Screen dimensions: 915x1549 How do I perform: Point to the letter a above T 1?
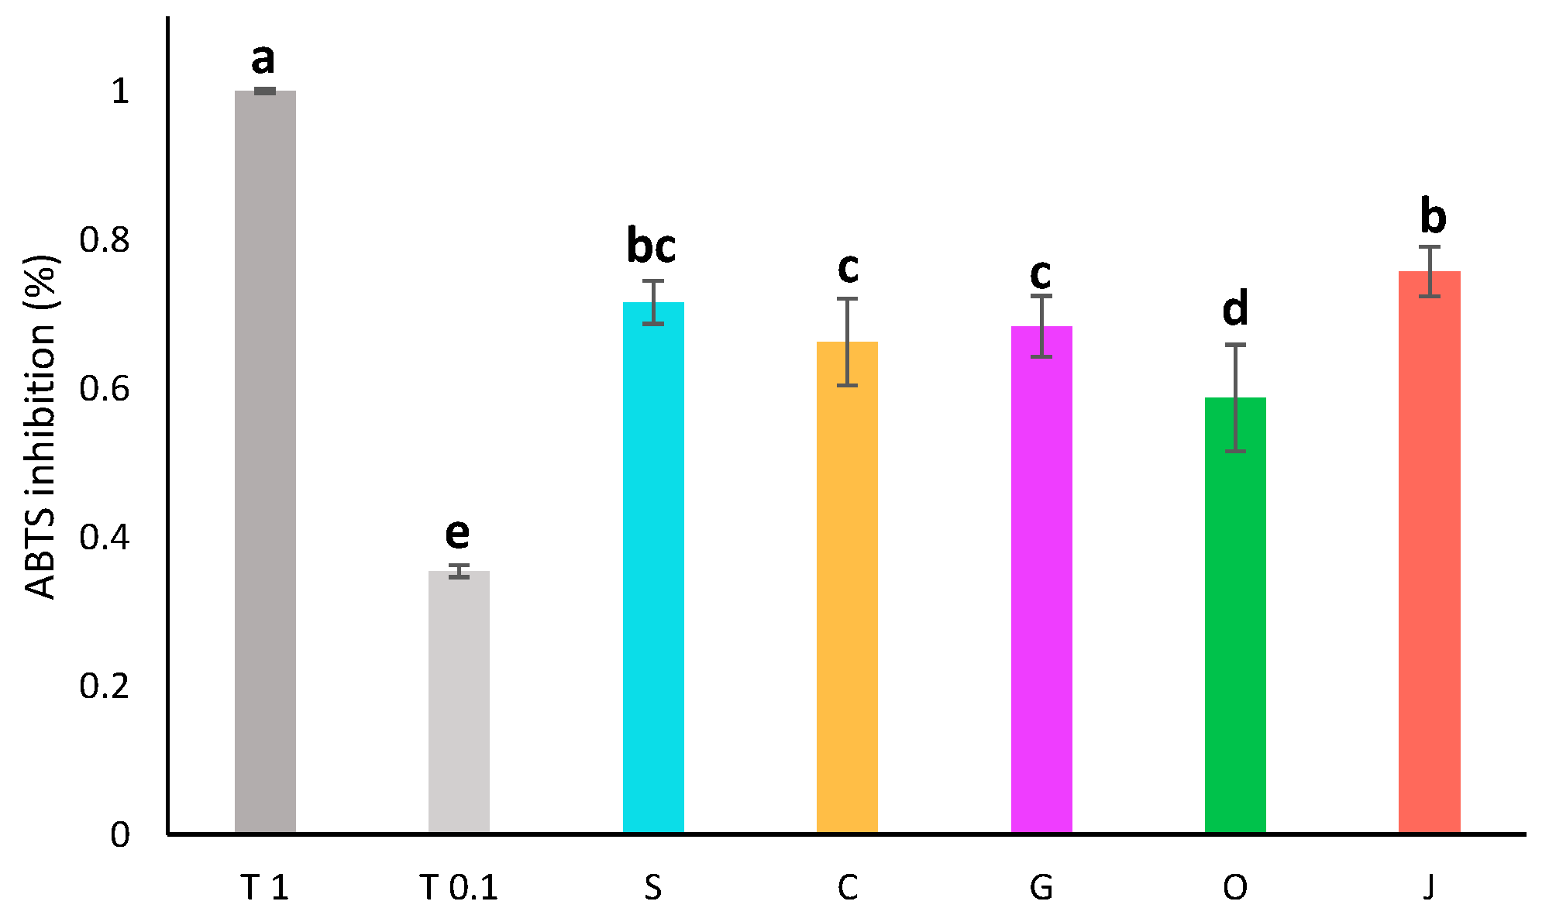pos(263,59)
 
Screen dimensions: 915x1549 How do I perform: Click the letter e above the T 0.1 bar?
pos(457,533)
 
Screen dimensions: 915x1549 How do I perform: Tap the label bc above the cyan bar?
pos(651,246)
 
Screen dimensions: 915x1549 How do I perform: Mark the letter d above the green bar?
pos(1235,308)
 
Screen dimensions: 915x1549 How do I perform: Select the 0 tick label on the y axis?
pos(120,834)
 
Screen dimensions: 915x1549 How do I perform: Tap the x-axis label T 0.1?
pos(459,888)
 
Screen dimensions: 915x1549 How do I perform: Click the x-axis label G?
pos(1041,888)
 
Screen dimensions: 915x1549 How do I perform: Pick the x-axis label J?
pos(1429,888)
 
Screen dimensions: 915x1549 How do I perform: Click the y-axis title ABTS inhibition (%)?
pos(42,426)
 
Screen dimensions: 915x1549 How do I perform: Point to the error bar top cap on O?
pos(1235,345)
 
